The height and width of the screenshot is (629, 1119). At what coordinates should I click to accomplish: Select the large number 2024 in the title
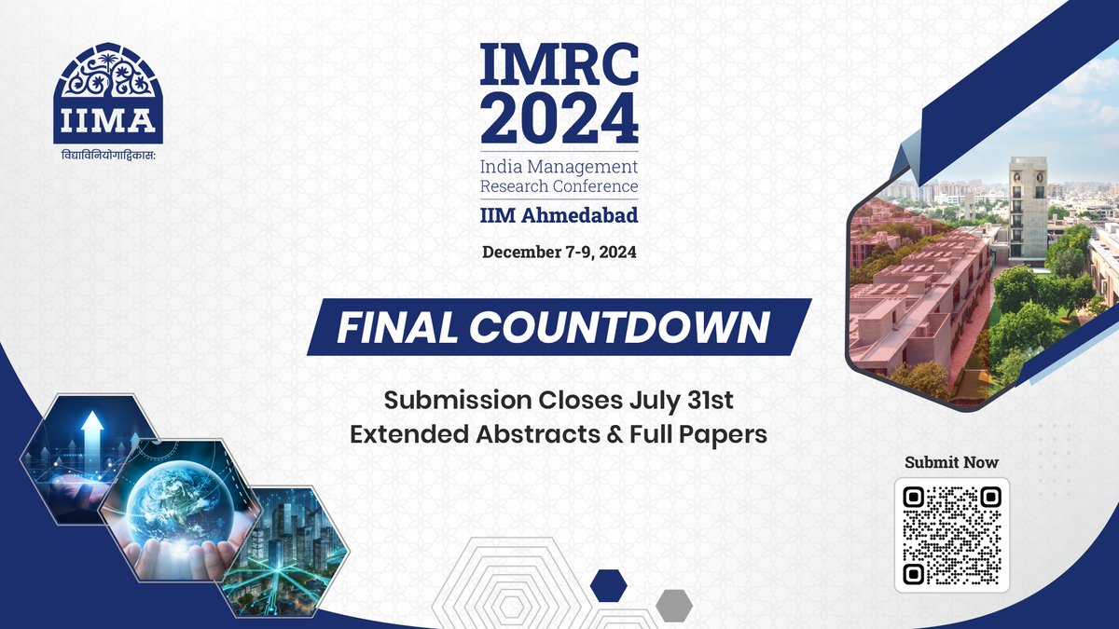[x=559, y=118]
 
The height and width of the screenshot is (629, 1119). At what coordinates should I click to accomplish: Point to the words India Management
[x=559, y=167]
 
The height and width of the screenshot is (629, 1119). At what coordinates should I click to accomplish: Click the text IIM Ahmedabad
[x=559, y=216]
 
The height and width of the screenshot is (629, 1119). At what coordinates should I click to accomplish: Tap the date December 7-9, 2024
[x=559, y=252]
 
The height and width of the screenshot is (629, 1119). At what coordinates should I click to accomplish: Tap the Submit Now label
[x=951, y=462]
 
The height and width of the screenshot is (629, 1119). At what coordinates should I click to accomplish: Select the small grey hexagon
[x=673, y=605]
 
